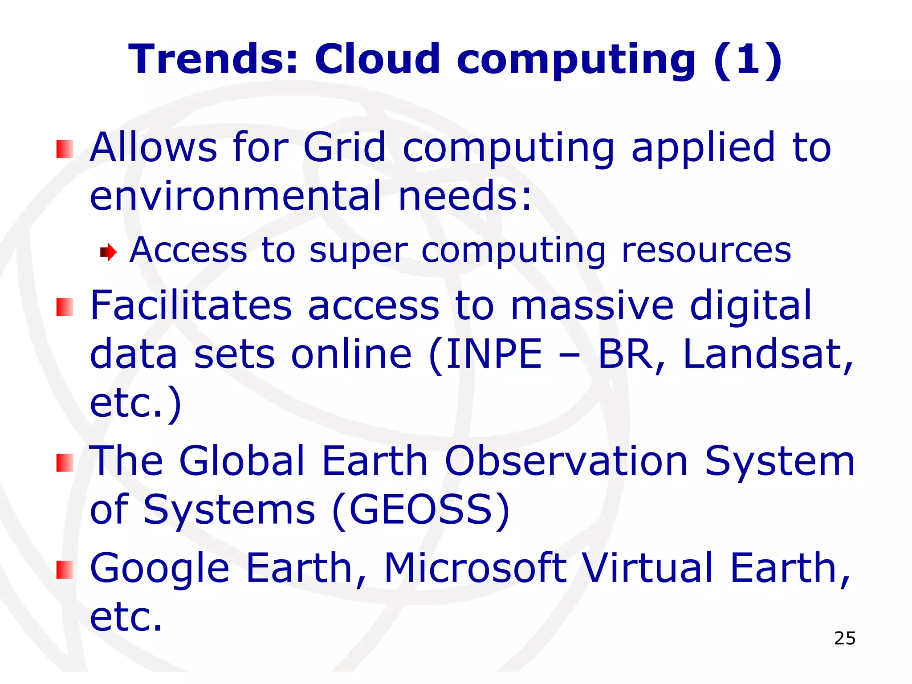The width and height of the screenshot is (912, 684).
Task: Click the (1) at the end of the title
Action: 748,59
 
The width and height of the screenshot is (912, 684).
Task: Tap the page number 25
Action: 845,639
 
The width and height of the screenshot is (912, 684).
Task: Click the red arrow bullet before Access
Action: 108,252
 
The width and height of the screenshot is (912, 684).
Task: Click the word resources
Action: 706,250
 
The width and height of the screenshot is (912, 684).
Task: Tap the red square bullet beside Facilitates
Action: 65,307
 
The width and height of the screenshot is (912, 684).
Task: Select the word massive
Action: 592,305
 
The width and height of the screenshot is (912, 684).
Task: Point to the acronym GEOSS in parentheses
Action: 421,509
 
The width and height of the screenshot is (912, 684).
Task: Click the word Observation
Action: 566,461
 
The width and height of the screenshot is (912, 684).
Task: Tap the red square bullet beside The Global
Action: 65,463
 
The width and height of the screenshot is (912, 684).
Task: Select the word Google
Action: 159,569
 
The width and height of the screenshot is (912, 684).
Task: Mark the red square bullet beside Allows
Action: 65,149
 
